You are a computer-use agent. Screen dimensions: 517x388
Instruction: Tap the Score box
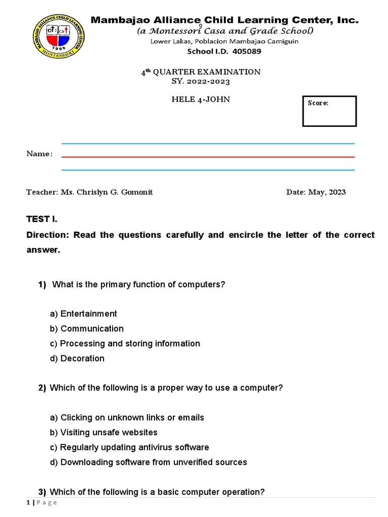pos(329,111)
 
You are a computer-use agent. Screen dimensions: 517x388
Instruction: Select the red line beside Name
pos(208,157)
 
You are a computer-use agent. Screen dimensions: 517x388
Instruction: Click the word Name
pos(38,153)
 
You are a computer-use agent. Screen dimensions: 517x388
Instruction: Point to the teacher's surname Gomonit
pos(135,192)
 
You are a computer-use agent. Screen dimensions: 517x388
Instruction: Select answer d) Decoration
pos(77,358)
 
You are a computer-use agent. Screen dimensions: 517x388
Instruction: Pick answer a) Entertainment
pos(83,314)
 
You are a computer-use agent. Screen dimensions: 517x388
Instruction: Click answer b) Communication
pos(87,329)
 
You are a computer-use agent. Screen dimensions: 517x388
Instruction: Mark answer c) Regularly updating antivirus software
pos(129,447)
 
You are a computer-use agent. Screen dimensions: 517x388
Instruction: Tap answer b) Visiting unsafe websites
pos(104,432)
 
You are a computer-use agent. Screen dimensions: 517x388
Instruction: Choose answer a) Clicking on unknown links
pos(127,418)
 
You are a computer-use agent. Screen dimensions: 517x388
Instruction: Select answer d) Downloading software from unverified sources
pos(148,462)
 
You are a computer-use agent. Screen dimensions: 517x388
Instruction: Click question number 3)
pos(42,492)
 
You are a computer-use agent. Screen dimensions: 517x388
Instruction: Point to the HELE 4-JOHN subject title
pos(201,99)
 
